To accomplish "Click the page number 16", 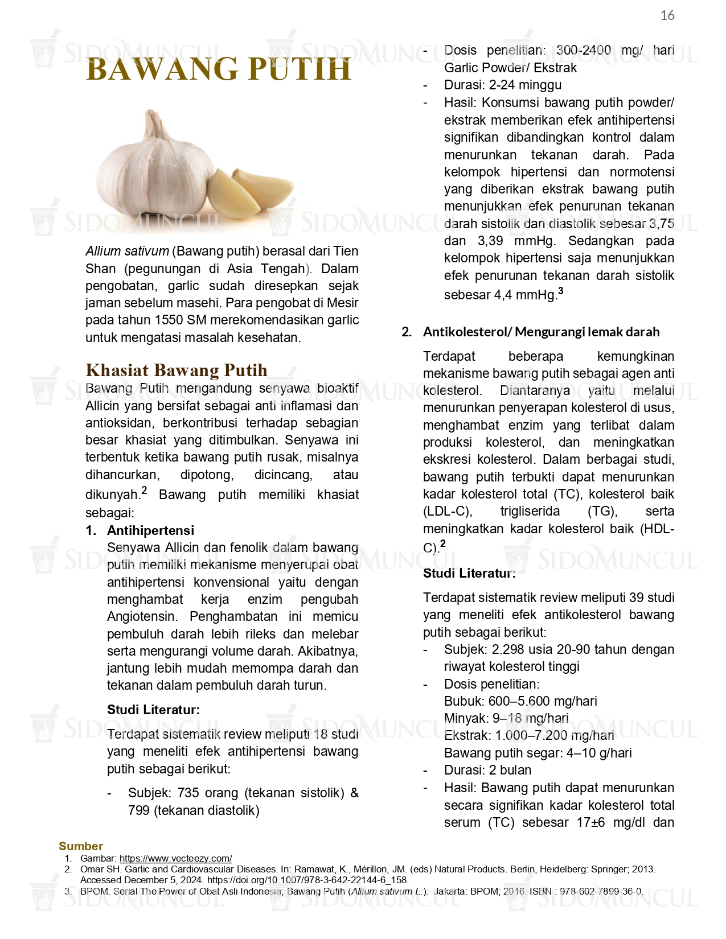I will (x=667, y=16).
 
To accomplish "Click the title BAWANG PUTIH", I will (x=219, y=70).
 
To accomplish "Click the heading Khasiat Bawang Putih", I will (x=176, y=370).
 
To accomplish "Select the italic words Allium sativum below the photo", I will (x=127, y=251).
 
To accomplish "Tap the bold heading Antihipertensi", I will (x=150, y=530).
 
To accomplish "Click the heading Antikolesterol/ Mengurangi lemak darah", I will (x=541, y=332).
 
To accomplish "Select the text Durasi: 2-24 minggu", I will (x=503, y=85).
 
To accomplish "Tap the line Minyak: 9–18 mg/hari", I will (x=506, y=718).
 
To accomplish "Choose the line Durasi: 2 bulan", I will (x=487, y=770).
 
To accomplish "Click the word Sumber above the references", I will (x=81, y=846).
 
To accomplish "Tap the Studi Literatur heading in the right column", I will (x=469, y=573).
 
